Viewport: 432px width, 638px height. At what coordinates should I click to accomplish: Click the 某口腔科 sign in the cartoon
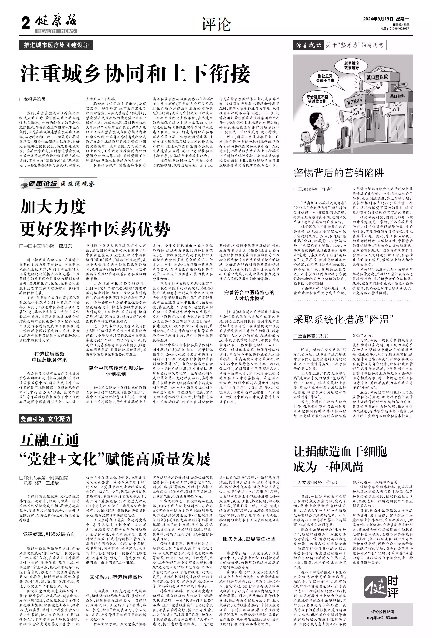tap(397, 96)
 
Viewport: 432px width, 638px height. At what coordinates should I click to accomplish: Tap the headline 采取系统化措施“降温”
tap(343, 319)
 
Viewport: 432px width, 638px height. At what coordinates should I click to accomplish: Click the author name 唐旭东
tap(65, 246)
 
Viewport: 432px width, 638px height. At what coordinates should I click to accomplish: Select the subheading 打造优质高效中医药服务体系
tap(49, 357)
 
